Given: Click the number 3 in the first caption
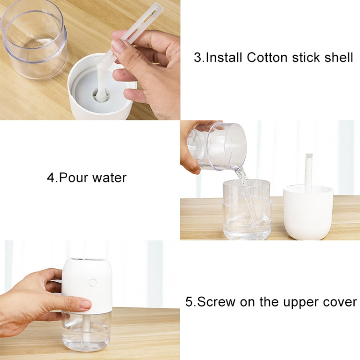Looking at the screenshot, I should tap(197, 58).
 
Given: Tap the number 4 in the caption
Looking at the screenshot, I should tap(50, 178).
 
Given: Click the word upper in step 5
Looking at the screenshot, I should tap(298, 302).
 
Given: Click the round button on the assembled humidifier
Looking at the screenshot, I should tap(92, 283).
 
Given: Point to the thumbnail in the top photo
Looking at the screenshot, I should tap(119, 46).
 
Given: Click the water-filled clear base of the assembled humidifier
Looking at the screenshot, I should tap(86, 330).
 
